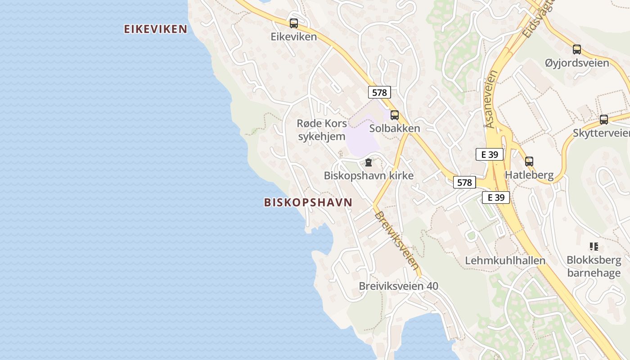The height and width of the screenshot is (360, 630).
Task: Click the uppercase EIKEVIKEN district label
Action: [156, 29]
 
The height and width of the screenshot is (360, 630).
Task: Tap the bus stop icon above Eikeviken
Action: [294, 23]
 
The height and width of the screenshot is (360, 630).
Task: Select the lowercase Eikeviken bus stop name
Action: [294, 37]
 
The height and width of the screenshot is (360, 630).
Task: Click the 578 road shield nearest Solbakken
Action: [379, 93]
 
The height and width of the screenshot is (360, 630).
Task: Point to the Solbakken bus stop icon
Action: [395, 115]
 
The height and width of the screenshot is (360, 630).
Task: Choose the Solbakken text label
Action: [395, 128]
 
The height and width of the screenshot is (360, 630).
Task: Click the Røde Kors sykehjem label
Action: [322, 130]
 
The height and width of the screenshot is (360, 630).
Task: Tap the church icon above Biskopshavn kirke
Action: [369, 162]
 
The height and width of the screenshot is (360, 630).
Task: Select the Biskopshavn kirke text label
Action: [369, 175]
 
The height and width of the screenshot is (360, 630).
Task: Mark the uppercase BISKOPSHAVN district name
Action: [308, 202]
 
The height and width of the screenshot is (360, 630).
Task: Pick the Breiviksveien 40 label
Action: [398, 286]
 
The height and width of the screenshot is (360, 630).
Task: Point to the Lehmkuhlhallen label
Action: [505, 261]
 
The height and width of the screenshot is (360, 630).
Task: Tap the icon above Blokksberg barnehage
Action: [594, 247]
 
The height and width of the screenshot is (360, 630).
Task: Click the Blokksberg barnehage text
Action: [594, 266]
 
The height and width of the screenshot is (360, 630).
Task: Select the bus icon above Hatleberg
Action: [529, 161]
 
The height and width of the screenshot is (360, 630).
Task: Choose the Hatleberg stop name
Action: [529, 175]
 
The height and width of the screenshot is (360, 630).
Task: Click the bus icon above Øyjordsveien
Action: [577, 49]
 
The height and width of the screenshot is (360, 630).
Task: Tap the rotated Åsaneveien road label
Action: [491, 99]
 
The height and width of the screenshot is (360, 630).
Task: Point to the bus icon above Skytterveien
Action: [604, 120]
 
